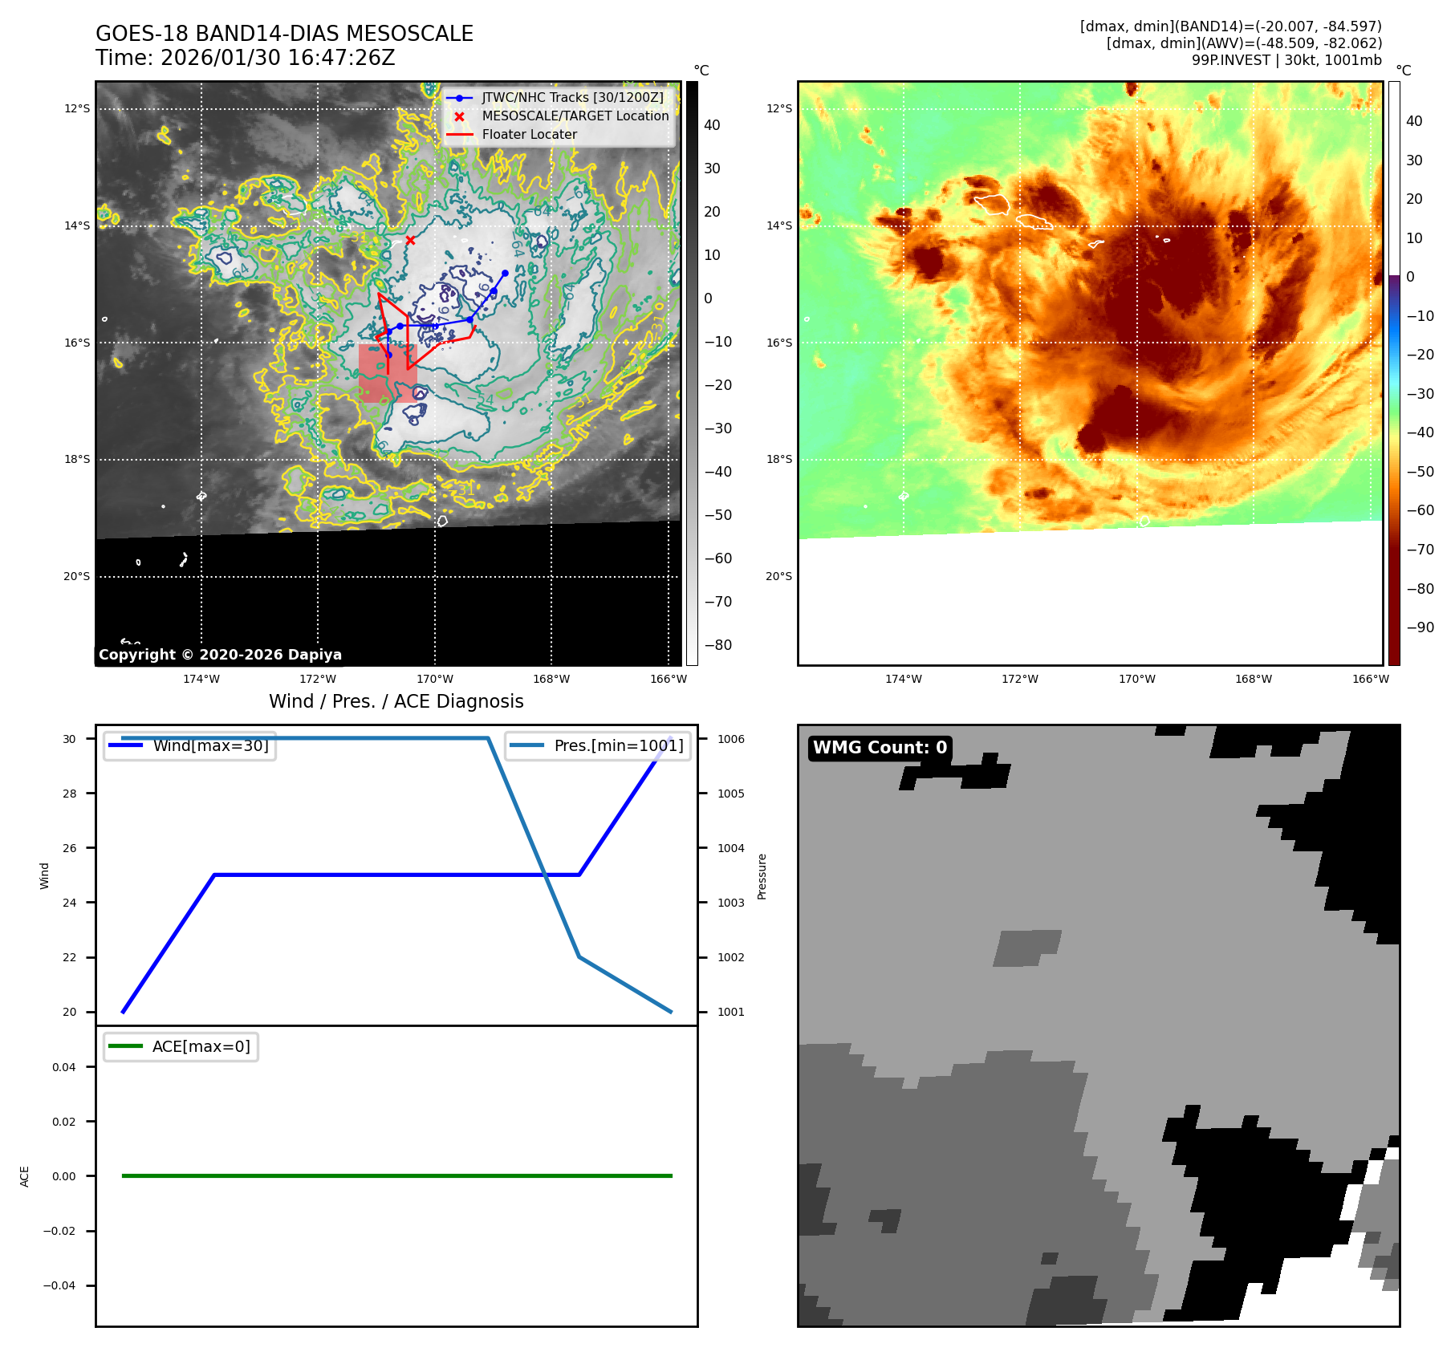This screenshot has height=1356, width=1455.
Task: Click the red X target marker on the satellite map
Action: click(410, 240)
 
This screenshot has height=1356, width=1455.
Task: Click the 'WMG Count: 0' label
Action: click(880, 748)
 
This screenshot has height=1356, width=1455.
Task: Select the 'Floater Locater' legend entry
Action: click(529, 135)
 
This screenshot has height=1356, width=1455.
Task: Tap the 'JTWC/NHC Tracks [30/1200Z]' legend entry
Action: click(572, 97)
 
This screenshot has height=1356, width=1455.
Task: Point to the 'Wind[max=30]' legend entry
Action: click(210, 745)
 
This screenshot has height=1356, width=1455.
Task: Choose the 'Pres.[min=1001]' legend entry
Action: click(618, 745)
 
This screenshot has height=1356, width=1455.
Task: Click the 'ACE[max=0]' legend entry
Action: click(201, 1046)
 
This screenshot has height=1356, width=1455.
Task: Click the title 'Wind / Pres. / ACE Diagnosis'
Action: click(396, 701)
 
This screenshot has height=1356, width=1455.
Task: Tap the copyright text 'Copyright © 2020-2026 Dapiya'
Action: click(220, 655)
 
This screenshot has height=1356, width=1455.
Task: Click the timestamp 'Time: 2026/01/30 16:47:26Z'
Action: click(245, 58)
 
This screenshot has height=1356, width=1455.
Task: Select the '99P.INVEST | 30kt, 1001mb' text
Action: click(1286, 60)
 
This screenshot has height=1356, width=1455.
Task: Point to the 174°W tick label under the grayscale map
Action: click(201, 680)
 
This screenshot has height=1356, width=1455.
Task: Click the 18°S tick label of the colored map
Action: click(778, 460)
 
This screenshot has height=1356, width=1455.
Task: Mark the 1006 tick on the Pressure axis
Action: click(730, 739)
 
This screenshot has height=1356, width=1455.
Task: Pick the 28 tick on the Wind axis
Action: click(70, 794)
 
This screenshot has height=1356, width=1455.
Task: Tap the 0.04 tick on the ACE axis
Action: click(64, 1067)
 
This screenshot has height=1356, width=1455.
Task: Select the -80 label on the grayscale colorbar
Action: click(717, 645)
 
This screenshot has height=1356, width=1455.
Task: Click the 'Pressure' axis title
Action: click(762, 876)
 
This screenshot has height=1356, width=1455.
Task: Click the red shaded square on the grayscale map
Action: click(388, 373)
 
